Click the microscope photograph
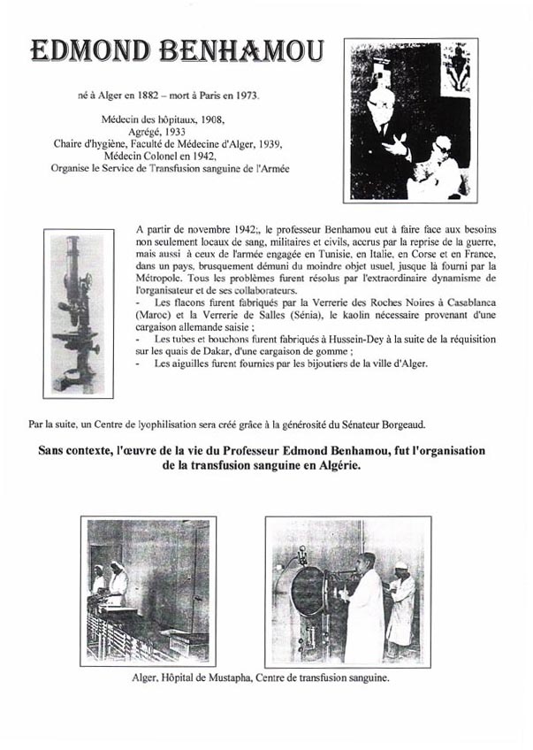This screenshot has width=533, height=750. tap(78, 313)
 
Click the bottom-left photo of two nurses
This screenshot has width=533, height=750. tap(148, 590)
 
